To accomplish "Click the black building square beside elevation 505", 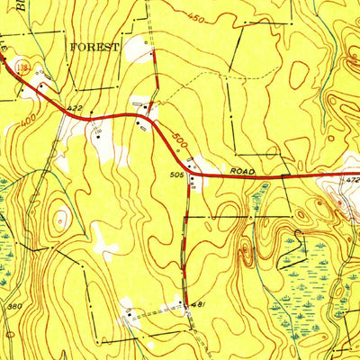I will coord(192,178).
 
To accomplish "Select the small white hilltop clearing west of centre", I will coord(61,216).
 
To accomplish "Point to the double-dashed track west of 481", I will coord(157,310).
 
